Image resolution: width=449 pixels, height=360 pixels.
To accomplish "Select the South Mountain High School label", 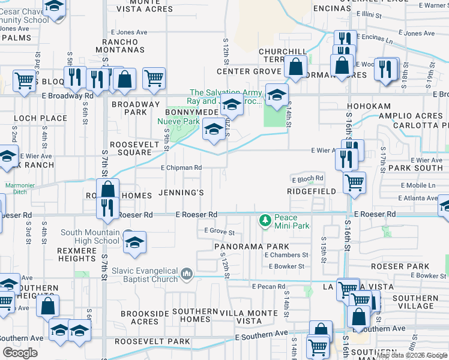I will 90,237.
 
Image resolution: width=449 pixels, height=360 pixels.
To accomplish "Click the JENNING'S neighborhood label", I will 181,193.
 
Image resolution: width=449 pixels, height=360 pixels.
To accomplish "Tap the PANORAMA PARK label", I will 252,247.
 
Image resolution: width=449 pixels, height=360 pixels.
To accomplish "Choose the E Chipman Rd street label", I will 181,168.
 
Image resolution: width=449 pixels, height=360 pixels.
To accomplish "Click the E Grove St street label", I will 219,231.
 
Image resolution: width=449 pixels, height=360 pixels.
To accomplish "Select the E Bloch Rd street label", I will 308,179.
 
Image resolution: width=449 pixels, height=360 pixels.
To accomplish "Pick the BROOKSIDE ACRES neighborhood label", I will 140,317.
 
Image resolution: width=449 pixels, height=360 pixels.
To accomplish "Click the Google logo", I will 20,353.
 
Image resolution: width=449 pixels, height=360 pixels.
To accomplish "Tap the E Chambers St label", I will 286,255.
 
